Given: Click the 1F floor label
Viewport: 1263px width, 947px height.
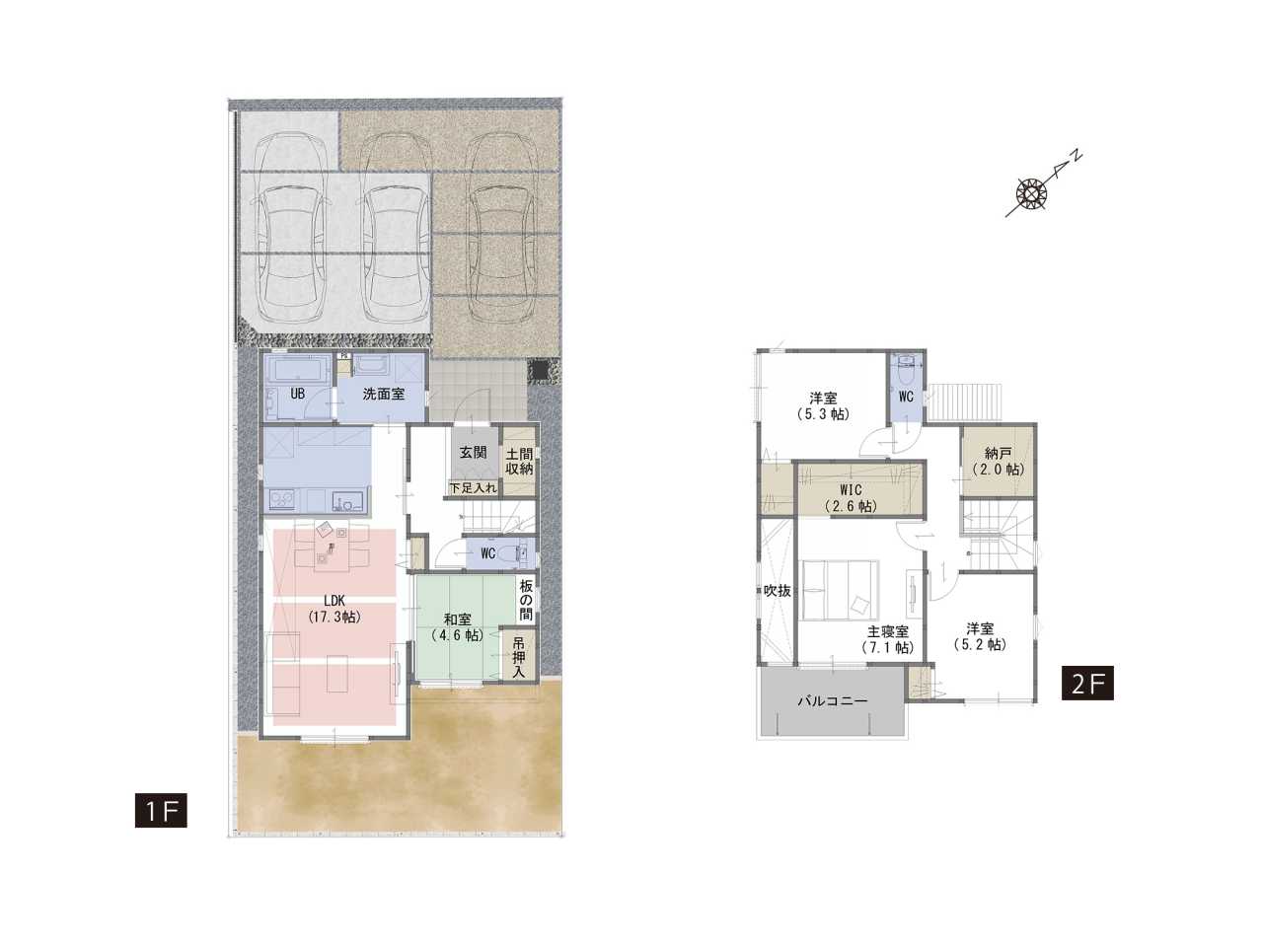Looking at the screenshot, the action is [x=161, y=811].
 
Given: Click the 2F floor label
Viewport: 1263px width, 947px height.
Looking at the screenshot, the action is [x=1087, y=683].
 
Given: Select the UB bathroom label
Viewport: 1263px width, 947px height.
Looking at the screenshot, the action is [x=297, y=394].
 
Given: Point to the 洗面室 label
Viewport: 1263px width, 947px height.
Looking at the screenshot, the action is [x=383, y=394].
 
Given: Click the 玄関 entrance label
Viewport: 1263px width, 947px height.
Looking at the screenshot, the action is [x=473, y=453].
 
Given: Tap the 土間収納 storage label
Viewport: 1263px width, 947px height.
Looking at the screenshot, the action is [x=518, y=461].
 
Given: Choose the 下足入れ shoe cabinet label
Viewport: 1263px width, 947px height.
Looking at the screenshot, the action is [x=473, y=488].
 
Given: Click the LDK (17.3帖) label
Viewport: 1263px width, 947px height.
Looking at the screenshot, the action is [x=334, y=609].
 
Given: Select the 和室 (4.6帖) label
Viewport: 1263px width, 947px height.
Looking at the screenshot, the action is [x=458, y=627].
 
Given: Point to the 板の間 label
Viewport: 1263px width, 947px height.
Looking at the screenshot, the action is [x=526, y=601].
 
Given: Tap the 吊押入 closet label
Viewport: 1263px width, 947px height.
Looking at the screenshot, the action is [x=518, y=656].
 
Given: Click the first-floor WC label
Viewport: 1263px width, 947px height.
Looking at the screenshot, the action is [x=488, y=553].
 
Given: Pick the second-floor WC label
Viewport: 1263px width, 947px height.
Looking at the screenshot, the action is [x=906, y=397].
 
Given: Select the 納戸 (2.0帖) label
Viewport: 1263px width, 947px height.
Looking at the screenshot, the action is [x=999, y=461].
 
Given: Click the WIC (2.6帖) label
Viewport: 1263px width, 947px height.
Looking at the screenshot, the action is [x=851, y=498].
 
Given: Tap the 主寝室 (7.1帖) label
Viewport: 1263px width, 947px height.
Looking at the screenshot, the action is [x=888, y=639].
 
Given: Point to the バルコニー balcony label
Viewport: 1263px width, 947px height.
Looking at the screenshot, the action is [x=832, y=701].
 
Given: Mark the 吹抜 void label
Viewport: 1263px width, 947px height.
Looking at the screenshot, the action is [x=777, y=591].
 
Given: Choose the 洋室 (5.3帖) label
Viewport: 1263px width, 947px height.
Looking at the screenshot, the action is [x=823, y=405].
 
